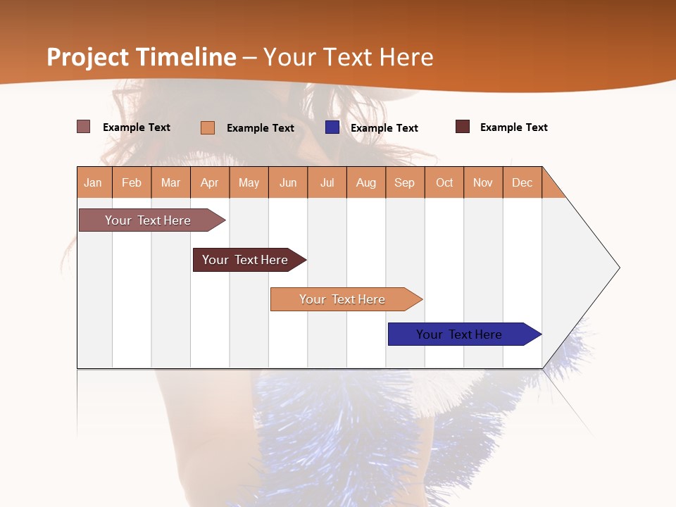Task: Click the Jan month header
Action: coord(94,182)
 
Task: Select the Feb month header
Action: coord(132,182)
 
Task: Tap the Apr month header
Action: coord(210,182)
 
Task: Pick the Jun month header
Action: coord(288,182)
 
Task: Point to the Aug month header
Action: coord(366,182)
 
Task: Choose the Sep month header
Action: coord(405,182)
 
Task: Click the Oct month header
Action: coord(444,182)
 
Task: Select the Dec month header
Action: coord(522,182)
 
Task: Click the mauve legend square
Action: coord(84,127)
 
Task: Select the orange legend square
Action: coord(208,127)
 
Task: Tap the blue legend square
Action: coord(332,127)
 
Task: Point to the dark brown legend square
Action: coord(463,127)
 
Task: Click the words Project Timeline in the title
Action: coord(142,57)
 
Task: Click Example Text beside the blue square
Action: coord(384,128)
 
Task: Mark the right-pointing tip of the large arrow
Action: coord(618,268)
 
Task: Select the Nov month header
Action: coord(483,182)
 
